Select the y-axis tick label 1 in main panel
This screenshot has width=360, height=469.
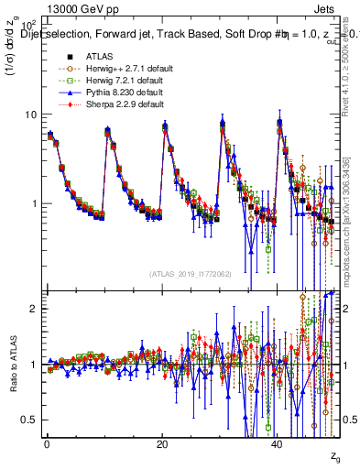click(x=35, y=203)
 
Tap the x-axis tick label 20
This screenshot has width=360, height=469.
click(x=162, y=444)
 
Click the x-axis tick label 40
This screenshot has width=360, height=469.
click(x=278, y=444)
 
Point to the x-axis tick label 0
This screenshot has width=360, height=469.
click(x=46, y=444)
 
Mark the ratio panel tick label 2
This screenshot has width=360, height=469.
click(x=35, y=309)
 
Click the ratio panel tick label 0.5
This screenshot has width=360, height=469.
click(x=30, y=420)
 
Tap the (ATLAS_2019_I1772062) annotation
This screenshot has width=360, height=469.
click(x=192, y=274)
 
